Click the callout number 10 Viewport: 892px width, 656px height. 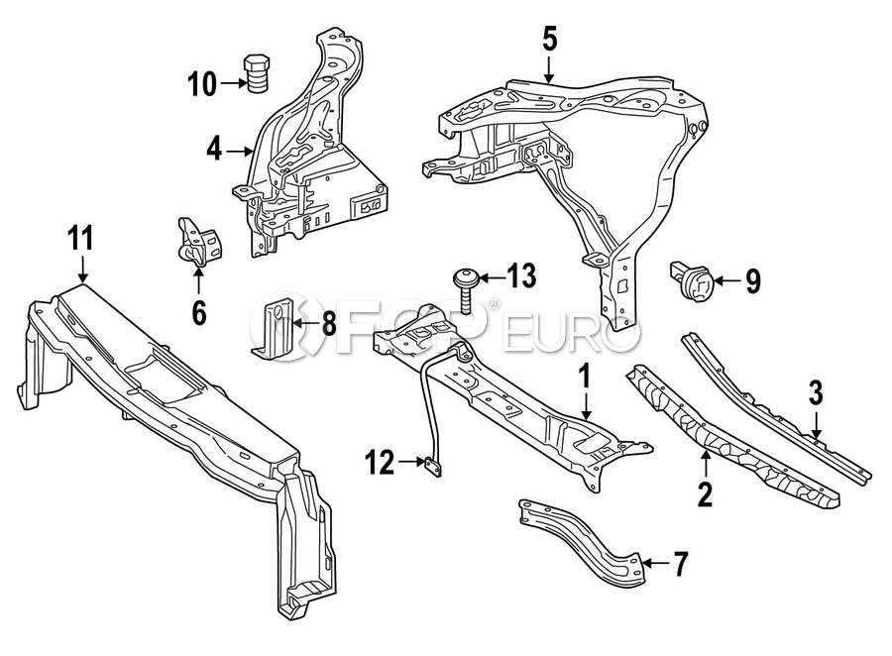point(202,84)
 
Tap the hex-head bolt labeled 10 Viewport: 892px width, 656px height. point(256,72)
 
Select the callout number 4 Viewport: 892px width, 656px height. point(214,150)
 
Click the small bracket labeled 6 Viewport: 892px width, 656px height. point(200,241)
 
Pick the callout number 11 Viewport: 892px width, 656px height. point(80,238)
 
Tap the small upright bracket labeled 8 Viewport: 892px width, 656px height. point(274,329)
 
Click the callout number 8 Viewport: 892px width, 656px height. point(329,324)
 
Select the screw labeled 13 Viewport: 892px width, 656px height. point(463,290)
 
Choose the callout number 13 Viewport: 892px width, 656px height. point(521,275)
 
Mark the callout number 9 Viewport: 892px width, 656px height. point(752,280)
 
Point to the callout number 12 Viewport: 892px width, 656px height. point(380,462)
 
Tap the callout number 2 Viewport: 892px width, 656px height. point(705,493)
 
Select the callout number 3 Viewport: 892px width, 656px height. point(816,393)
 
